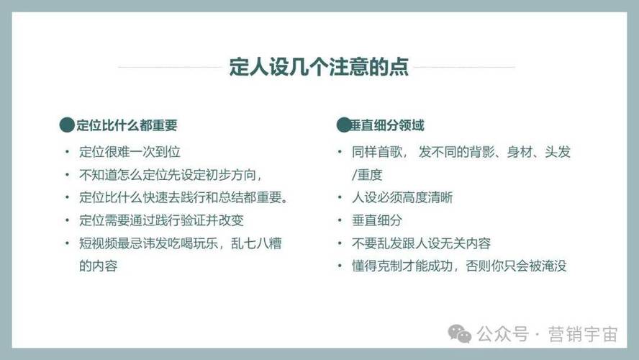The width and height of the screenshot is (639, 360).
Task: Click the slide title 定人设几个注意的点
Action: (319, 67)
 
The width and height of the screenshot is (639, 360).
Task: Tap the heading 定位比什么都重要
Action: (127, 125)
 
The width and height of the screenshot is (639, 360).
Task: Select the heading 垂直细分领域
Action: (386, 125)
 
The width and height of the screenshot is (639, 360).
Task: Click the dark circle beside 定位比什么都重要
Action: (67, 125)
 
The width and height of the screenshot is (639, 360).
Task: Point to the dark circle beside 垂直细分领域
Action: (343, 125)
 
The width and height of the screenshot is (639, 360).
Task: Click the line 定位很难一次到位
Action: (130, 152)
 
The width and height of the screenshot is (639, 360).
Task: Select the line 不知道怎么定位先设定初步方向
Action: (171, 175)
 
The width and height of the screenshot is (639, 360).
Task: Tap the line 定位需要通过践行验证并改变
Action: (161, 220)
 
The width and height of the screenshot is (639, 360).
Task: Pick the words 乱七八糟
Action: (256, 243)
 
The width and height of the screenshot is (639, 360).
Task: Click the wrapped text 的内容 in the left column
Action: (98, 266)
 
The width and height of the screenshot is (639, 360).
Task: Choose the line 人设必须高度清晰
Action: (402, 198)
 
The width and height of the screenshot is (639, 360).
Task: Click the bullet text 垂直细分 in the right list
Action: (377, 220)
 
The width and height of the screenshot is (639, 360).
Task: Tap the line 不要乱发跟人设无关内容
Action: (421, 243)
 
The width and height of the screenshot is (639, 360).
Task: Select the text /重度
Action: (367, 175)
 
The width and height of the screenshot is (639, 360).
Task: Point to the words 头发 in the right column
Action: (558, 152)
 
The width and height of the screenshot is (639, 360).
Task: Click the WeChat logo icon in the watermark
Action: (459, 334)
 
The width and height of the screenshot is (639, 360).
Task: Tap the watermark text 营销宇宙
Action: (583, 334)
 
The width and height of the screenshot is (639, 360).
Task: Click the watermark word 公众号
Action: (503, 334)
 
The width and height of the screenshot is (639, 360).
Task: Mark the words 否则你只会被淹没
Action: (516, 266)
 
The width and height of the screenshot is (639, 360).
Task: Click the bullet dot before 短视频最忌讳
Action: (67, 243)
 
